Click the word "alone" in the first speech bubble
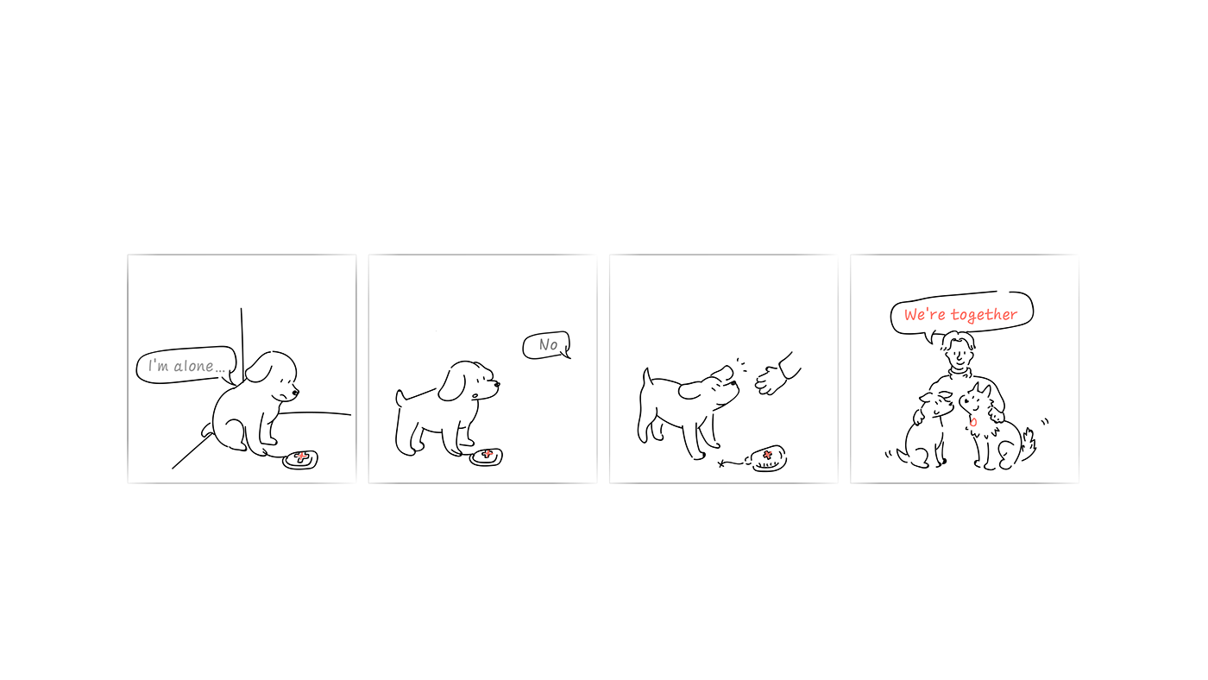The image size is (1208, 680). [193, 366]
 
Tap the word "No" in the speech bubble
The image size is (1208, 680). [548, 344]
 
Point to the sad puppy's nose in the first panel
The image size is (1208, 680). [295, 394]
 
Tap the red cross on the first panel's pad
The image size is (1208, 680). [301, 457]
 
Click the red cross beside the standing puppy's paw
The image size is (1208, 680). [487, 454]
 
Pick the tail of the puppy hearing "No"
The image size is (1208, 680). [400, 398]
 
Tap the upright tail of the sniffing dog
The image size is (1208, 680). [646, 378]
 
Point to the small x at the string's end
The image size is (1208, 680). [721, 463]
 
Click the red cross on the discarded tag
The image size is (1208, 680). [767, 455]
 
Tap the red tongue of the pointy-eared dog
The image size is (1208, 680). [973, 422]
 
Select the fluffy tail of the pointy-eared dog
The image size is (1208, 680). [1028, 445]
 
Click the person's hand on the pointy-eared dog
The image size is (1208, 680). [997, 415]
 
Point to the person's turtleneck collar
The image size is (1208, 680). [959, 373]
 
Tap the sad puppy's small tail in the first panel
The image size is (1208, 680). [207, 429]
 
